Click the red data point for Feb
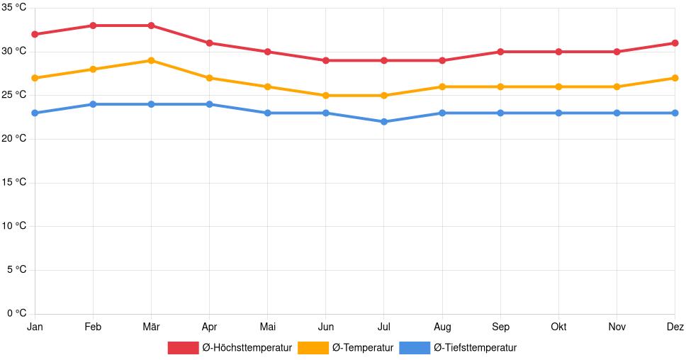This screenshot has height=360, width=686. [x=93, y=26]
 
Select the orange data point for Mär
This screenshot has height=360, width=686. [x=151, y=60]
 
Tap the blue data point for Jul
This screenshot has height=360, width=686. [x=384, y=122]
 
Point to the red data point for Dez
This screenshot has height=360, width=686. [x=675, y=43]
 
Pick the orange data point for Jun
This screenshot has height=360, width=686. [x=325, y=96]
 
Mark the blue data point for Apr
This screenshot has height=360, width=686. [x=209, y=104]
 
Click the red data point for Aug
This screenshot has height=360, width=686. [x=442, y=60]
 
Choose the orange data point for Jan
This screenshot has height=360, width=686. [x=35, y=78]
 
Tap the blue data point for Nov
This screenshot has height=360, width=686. [x=617, y=113]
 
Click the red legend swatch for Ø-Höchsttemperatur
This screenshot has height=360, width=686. [x=183, y=348]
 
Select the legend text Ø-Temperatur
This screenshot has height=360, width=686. [x=362, y=348]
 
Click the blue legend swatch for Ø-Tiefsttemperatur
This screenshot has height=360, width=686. [x=415, y=348]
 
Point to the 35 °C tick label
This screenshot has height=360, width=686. [x=14, y=8]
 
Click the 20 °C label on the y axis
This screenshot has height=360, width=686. [x=14, y=139]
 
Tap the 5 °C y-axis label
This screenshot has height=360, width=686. [x=16, y=270]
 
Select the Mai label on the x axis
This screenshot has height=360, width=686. [x=267, y=327]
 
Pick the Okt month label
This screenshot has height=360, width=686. [x=558, y=327]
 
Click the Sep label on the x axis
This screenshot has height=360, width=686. [x=500, y=327]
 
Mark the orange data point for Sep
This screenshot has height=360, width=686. [x=500, y=86]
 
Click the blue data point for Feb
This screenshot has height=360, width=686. [x=93, y=104]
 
